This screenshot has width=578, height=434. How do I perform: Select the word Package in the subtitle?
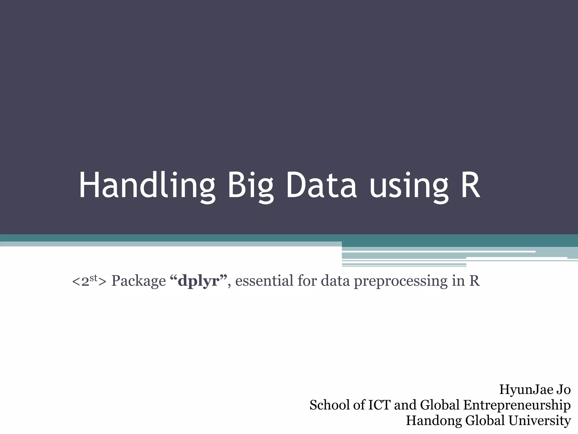tap(139, 281)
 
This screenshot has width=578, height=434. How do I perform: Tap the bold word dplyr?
tap(199, 281)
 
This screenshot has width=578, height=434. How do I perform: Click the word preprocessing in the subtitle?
tap(400, 281)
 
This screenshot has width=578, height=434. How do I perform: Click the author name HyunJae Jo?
tap(535, 390)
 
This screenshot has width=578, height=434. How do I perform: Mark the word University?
tap(540, 421)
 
